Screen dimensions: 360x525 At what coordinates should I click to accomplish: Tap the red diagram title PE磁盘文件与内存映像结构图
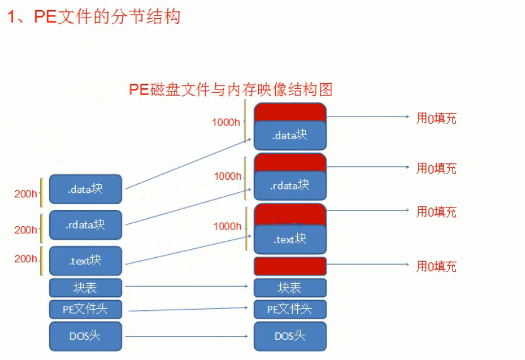(230, 90)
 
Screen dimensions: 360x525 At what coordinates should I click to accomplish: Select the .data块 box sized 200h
(85, 189)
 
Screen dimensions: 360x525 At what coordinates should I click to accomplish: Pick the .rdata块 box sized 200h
(85, 224)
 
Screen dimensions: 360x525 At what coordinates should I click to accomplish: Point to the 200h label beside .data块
(26, 194)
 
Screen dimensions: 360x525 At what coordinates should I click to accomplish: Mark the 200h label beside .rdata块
(26, 229)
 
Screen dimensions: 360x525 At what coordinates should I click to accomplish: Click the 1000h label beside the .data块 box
(227, 122)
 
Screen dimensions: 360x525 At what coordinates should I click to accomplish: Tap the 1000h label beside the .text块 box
(227, 226)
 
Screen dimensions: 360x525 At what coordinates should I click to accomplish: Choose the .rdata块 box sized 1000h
(290, 185)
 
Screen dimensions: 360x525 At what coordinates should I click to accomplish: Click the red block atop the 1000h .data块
(290, 112)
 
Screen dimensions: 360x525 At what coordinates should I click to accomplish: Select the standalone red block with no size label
(290, 265)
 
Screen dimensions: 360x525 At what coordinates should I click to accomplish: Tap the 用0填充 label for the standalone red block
(436, 266)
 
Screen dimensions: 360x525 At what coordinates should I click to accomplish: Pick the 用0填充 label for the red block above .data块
(436, 118)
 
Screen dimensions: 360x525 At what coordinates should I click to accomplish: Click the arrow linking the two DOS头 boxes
(187, 336)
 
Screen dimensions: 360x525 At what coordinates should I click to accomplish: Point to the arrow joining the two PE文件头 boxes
(187, 309)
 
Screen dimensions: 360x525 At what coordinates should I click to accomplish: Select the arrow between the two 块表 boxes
(187, 286)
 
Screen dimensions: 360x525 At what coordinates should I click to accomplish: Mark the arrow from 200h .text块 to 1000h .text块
(187, 250)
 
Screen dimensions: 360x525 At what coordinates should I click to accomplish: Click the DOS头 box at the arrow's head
(290, 336)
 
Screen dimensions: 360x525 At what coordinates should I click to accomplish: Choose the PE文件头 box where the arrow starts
(85, 309)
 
